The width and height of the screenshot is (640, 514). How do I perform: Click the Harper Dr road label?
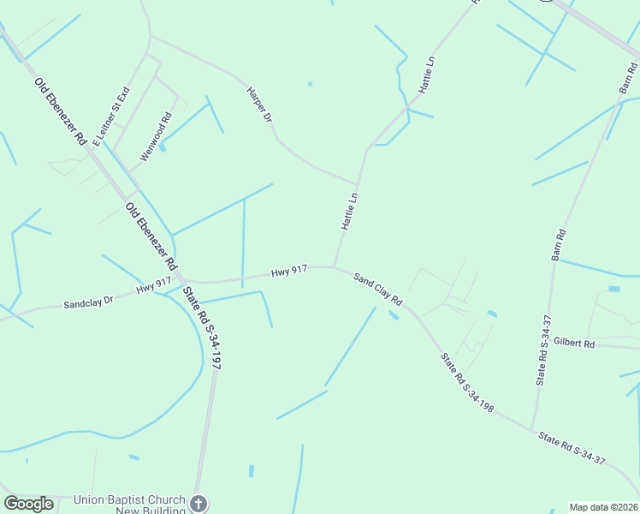pos(258,104)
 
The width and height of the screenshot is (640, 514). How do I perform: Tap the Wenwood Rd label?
pos(156,137)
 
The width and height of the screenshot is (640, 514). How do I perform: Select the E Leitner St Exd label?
pos(110,115)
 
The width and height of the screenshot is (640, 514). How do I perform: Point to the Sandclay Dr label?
pos(88,303)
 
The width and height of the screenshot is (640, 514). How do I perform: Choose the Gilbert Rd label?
pos(573,343)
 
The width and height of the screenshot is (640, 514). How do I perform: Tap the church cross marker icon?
pos(199,504)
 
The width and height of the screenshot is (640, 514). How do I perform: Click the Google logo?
pos(28,504)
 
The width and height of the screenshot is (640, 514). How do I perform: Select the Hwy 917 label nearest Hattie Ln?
pos(289,272)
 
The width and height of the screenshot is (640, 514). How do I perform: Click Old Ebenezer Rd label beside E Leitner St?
pos(60,111)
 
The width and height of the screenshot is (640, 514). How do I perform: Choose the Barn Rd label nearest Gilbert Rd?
pos(560,245)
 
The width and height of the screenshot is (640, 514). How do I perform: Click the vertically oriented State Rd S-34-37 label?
pos(542,350)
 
